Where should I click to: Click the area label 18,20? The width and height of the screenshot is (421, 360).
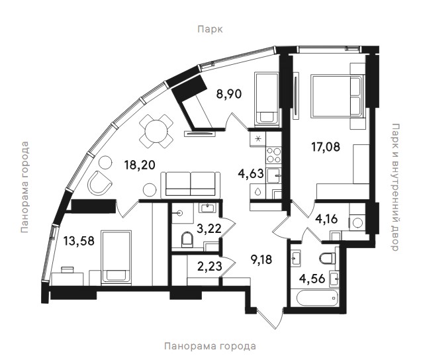(140, 165)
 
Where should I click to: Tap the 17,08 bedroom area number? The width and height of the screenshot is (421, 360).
(326, 147)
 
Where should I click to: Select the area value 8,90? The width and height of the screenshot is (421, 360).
(229, 94)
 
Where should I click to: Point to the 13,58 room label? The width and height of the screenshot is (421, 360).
(79, 241)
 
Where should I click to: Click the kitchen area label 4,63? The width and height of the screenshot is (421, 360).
(251, 173)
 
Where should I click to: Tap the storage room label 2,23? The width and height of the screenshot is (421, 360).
(210, 266)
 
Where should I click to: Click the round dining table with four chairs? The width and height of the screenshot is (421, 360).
(156, 131)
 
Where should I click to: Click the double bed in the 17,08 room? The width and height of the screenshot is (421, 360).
(337, 97)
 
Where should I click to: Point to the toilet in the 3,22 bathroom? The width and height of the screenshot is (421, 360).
(187, 239)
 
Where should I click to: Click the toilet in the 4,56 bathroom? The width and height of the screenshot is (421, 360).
(328, 258)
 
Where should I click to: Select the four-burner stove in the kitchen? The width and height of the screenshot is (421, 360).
(273, 155)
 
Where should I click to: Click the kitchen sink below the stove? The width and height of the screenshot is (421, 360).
(273, 176)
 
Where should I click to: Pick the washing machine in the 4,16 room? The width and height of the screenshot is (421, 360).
(357, 222)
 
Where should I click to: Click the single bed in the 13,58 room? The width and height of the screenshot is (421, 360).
(116, 257)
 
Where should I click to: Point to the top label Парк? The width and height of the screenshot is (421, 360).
(210, 29)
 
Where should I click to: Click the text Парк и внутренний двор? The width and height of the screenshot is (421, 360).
(395, 187)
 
